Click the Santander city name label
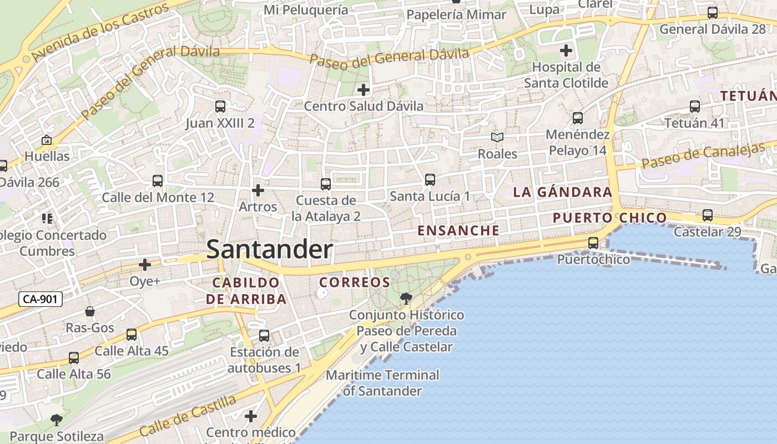[270, 250]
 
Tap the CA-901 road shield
[41, 300]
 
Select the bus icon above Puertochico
[593, 243]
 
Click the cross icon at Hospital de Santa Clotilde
[566, 51]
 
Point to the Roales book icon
[497, 138]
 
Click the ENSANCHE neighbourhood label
[458, 230]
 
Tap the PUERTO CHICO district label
[609, 218]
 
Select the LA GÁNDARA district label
[562, 193]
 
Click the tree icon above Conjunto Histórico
[406, 299]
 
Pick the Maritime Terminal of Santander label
[382, 383]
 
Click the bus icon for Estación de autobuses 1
[264, 336]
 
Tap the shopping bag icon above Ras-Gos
[90, 312]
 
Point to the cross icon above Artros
[258, 190]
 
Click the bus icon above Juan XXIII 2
[220, 107]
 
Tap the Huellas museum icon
[47, 140]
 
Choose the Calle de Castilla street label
[188, 416]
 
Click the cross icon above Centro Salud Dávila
[363, 89]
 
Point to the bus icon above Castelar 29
[707, 215]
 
